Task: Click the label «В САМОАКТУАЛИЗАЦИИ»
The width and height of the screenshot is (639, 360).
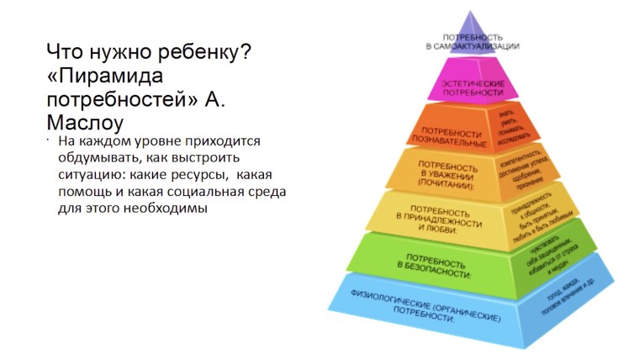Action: click(472, 47)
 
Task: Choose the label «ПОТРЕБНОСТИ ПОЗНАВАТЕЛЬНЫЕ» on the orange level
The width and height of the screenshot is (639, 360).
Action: click(452, 138)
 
